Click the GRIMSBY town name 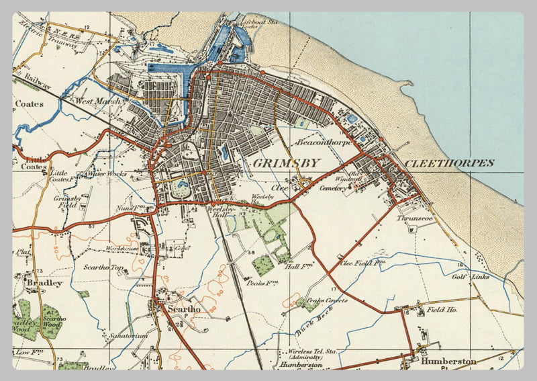point(286,163)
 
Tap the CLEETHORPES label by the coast point(449,163)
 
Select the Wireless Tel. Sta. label point(312,351)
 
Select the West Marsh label point(99,101)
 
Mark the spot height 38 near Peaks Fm point(252,253)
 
